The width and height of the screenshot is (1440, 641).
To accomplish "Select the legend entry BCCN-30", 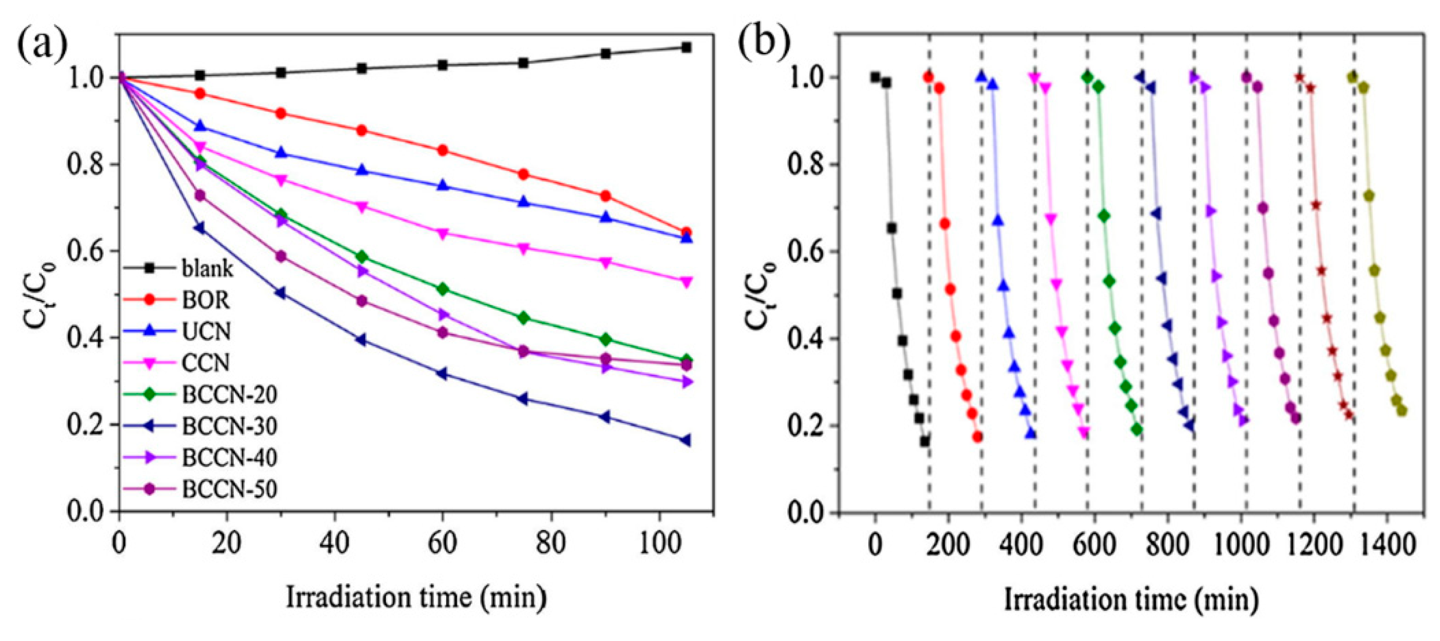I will (229, 427).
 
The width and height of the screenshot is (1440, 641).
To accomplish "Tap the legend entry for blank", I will (208, 269).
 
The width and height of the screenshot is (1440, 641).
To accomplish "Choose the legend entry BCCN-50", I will (229, 490).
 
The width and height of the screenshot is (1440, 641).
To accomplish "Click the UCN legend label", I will (205, 332).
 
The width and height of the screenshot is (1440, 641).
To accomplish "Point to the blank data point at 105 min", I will (686, 48).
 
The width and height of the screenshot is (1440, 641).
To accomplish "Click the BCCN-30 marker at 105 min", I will (686, 441).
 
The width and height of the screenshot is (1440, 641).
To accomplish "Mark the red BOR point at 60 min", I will (443, 150).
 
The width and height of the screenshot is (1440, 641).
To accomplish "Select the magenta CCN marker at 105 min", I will (686, 282).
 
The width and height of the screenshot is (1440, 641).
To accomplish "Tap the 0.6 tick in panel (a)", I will (84, 251).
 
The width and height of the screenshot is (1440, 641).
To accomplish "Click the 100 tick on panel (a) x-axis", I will (660, 543).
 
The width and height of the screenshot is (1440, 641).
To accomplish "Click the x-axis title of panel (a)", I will (416, 597).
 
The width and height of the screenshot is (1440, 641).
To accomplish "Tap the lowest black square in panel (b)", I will (924, 441).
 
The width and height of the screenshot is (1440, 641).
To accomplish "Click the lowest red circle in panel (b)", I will (977, 437).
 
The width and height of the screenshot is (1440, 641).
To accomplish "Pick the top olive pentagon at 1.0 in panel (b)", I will (1352, 77).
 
